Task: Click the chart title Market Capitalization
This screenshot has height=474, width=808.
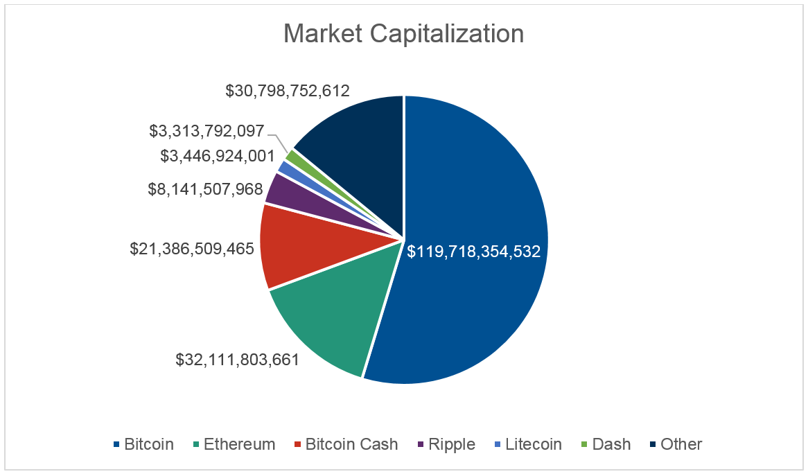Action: click(403, 34)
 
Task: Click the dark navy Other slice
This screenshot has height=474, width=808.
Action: click(360, 139)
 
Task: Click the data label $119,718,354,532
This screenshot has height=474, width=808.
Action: click(473, 252)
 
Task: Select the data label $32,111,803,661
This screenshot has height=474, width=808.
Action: click(236, 360)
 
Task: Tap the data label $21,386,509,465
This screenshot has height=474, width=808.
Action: click(192, 248)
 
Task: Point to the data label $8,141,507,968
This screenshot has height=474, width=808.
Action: click(206, 189)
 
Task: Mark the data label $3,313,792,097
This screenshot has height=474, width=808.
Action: click(207, 130)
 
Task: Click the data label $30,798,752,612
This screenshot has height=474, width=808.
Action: click(288, 90)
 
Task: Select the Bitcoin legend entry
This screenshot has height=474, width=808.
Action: click(143, 444)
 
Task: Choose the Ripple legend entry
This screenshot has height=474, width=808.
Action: click(445, 444)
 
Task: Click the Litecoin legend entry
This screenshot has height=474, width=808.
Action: click(526, 444)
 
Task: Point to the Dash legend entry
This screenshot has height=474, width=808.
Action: click(605, 444)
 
